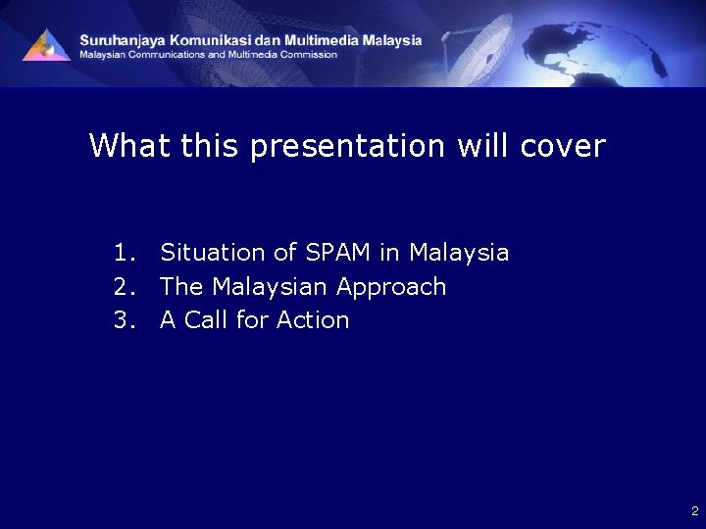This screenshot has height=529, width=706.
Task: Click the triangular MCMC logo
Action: pos(46,46)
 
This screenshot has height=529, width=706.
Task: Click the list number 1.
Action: pos(123,253)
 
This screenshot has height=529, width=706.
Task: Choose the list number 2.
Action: pos(123,287)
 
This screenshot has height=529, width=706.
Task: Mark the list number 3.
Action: pos(123,320)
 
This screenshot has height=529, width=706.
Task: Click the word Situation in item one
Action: pos(213,253)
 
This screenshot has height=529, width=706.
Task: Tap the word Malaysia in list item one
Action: pos(459,253)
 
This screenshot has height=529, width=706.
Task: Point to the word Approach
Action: pos(391,287)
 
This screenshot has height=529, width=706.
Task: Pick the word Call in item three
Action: pos(202,320)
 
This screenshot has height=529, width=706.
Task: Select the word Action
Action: pos(313,320)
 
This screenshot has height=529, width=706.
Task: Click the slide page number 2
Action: pos(694,510)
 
